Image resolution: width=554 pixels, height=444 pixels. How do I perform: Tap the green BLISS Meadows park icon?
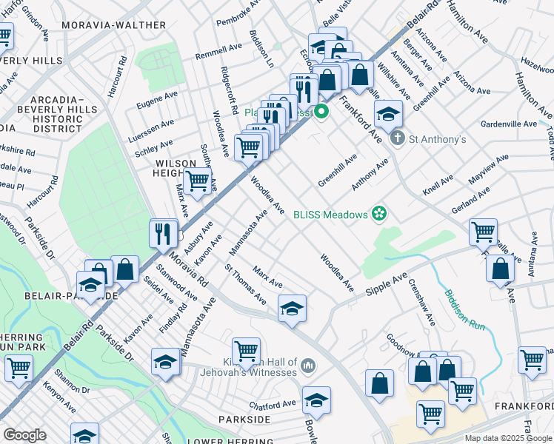(x=379, y=214)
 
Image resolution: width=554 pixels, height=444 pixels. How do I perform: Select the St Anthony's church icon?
(x=398, y=139)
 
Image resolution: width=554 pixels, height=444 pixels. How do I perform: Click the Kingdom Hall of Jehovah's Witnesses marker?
(x=309, y=365)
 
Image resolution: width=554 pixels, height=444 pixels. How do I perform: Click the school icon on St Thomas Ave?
(x=293, y=308)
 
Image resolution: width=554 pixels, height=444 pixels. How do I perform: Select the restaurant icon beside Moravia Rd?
(x=163, y=234)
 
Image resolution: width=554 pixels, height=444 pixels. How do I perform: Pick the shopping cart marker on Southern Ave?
(x=197, y=181)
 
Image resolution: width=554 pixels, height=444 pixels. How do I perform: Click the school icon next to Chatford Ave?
(x=316, y=401)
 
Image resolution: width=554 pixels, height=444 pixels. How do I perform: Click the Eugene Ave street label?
(x=157, y=100)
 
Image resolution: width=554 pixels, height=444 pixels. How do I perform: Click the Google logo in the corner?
(x=24, y=435)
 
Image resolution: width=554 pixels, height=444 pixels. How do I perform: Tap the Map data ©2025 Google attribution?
(x=508, y=438)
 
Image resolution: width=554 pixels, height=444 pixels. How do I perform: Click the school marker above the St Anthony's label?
(x=388, y=114)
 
